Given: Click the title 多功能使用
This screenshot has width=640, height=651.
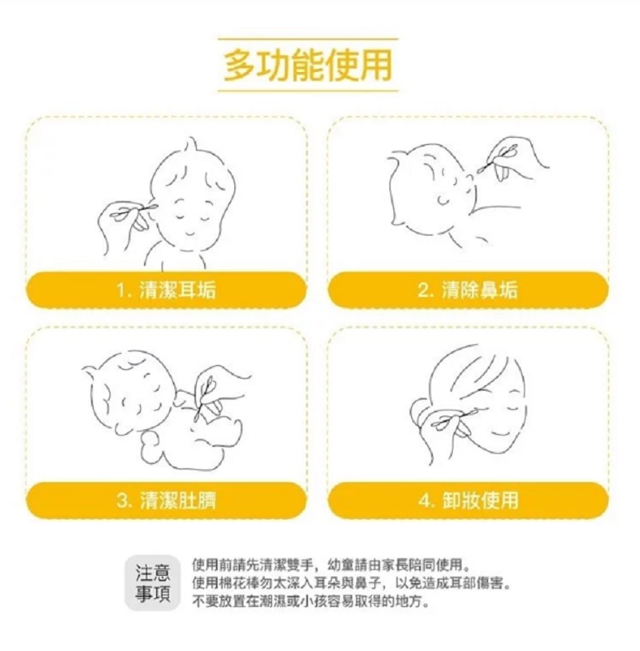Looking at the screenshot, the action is click(308, 65).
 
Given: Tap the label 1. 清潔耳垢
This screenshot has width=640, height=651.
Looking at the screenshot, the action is click(166, 290).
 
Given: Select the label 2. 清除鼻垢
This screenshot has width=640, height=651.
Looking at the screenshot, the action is click(467, 290).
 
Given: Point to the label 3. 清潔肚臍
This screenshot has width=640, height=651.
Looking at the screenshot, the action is click(166, 500).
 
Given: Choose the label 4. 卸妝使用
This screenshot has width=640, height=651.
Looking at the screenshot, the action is click(468, 500).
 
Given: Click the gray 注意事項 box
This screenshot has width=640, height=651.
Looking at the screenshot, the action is click(153, 582).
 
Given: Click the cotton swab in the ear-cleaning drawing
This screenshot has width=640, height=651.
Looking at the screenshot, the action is click(135, 211).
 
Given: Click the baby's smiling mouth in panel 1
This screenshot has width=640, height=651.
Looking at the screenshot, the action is click(189, 232).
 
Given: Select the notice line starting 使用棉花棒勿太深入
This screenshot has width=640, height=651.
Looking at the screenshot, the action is click(351, 583).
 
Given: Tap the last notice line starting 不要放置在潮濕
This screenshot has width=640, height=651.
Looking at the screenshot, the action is click(310, 601).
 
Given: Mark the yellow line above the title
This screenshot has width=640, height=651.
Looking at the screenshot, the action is click(308, 38).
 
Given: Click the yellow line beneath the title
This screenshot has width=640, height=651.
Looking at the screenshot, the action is click(308, 90).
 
